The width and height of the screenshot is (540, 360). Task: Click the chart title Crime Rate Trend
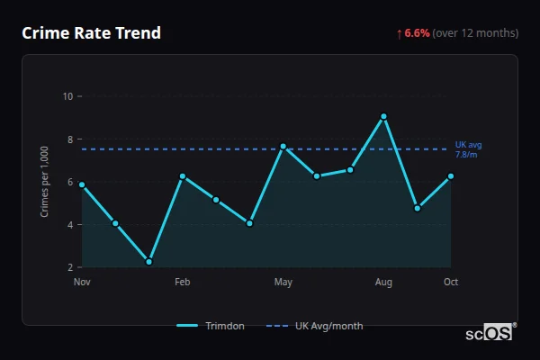(x=92, y=33)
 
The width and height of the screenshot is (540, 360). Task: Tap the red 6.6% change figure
(x=417, y=33)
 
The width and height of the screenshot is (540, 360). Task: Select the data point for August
(x=383, y=116)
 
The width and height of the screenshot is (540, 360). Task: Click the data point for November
(x=82, y=184)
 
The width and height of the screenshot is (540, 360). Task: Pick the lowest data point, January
(x=148, y=262)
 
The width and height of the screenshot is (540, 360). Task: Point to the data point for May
(x=283, y=146)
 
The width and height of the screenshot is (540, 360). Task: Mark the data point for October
(x=451, y=176)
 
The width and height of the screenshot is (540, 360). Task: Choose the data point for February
(x=183, y=176)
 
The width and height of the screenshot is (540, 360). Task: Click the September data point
(x=418, y=208)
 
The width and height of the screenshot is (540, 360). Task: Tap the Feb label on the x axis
(x=183, y=283)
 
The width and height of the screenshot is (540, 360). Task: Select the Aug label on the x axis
(x=383, y=283)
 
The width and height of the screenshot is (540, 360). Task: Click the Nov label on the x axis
(x=82, y=283)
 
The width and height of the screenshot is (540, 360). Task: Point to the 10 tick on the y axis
(x=67, y=96)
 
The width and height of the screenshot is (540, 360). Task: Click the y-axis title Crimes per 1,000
(x=45, y=182)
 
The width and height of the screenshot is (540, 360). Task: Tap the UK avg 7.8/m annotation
(x=469, y=149)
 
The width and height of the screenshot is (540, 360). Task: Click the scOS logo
(x=489, y=333)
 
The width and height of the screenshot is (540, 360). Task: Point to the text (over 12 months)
(x=475, y=33)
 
